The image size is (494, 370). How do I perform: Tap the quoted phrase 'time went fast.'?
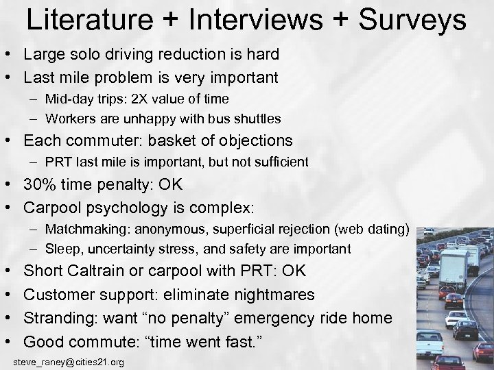(222, 341)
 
